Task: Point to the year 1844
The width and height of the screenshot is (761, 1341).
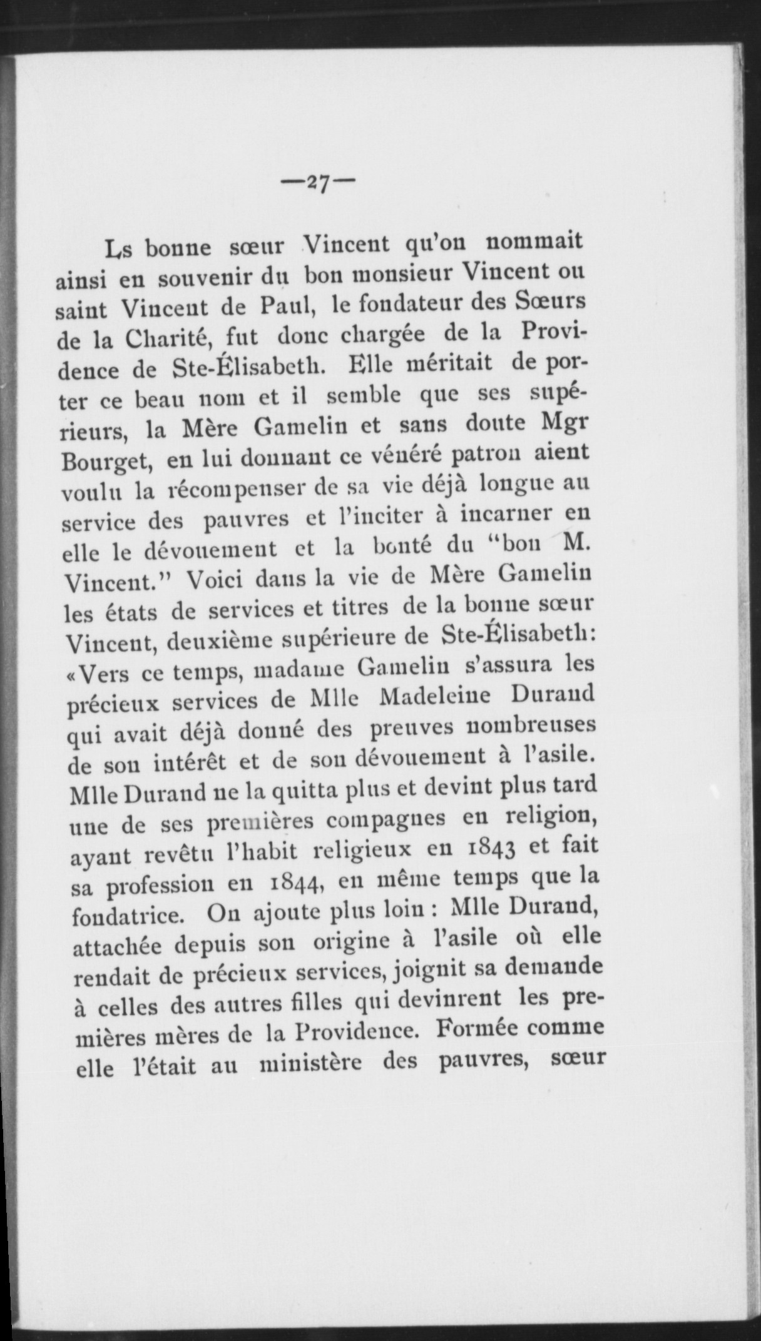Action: click(x=297, y=883)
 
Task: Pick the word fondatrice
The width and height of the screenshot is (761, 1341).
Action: click(x=127, y=916)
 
